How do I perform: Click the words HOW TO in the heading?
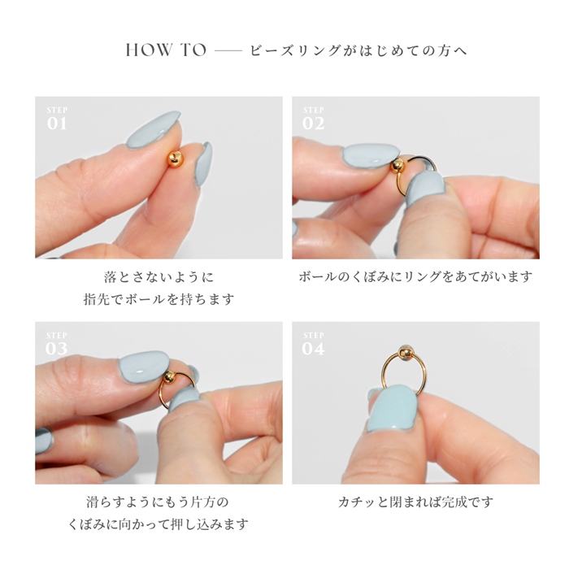(166, 50)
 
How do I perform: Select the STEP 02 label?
(314, 119)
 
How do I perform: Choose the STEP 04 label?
(314, 345)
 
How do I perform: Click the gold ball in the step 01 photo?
(174, 159)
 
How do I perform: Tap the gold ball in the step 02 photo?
(397, 166)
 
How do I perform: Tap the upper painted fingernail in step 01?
(154, 128)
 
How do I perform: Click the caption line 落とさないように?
(159, 277)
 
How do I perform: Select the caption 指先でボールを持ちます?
(159, 299)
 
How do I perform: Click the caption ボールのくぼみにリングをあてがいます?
(415, 277)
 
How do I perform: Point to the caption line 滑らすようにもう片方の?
(159, 502)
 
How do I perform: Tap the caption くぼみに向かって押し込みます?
(159, 523)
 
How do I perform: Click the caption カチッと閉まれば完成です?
(415, 502)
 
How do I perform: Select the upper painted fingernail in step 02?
(370, 155)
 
